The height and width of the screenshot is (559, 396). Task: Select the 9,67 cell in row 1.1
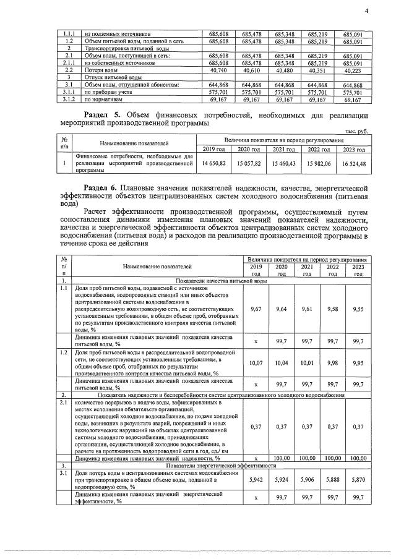[256, 308]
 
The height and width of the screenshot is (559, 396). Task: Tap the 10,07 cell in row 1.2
[256, 363]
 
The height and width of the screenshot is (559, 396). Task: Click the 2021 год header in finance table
[287, 149]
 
